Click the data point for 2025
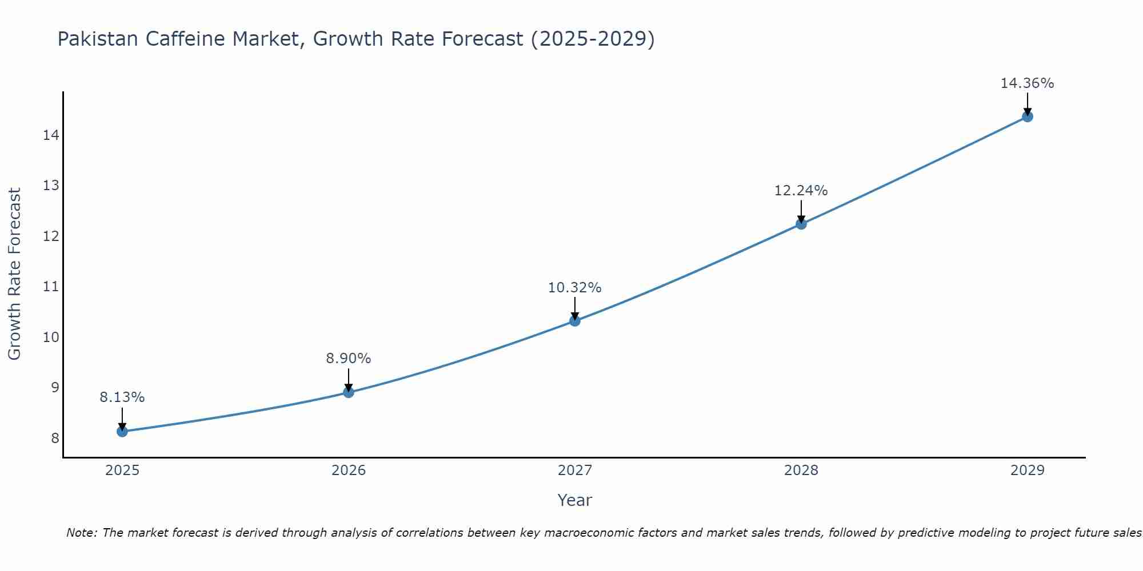pyautogui.click(x=122, y=431)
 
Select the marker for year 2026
pyautogui.click(x=349, y=392)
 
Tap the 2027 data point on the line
pyautogui.click(x=575, y=321)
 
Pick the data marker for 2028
pyautogui.click(x=801, y=224)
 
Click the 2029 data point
pyautogui.click(x=1027, y=116)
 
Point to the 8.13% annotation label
pyautogui.click(x=122, y=397)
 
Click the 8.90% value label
pyautogui.click(x=349, y=359)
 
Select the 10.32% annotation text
pyautogui.click(x=575, y=288)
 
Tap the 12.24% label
pyautogui.click(x=801, y=191)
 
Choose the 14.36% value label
pyautogui.click(x=1027, y=83)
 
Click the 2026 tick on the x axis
pyautogui.click(x=349, y=471)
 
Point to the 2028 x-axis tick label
pyautogui.click(x=801, y=471)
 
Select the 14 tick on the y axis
pyautogui.click(x=51, y=135)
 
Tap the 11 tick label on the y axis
pyautogui.click(x=51, y=287)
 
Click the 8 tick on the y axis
pyautogui.click(x=55, y=438)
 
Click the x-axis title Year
pyautogui.click(x=575, y=500)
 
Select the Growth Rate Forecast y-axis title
pyautogui.click(x=15, y=274)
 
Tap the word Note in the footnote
pyautogui.click(x=82, y=533)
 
